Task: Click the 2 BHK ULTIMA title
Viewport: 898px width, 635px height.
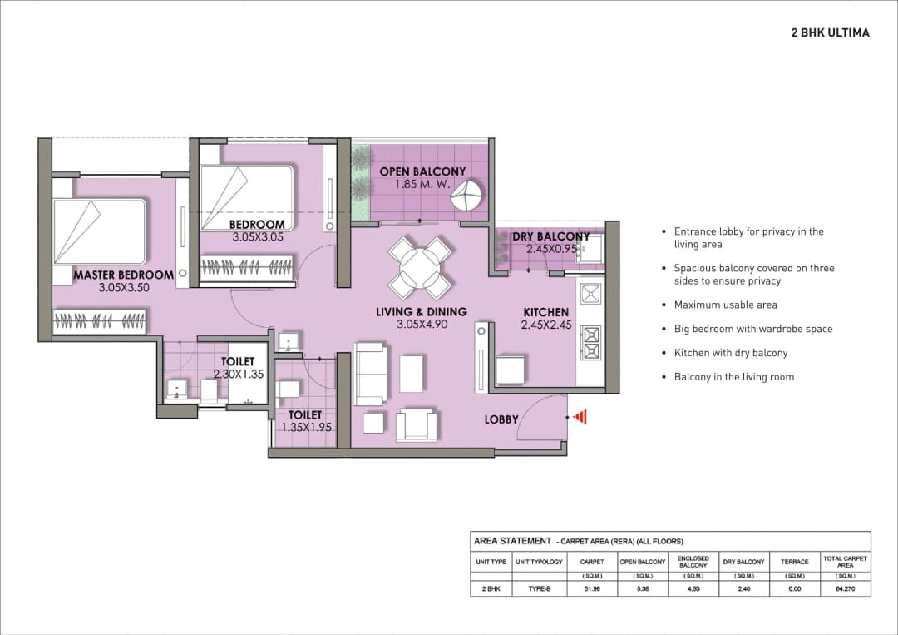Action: point(830,32)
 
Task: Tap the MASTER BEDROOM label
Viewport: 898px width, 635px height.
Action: point(123,275)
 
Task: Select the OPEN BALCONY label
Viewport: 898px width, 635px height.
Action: point(422,171)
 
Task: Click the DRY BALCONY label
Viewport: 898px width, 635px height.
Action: point(550,237)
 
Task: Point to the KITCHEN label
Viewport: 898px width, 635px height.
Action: point(545,312)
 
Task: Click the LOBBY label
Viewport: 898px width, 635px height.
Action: point(501,420)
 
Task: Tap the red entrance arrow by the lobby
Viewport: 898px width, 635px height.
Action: point(580,416)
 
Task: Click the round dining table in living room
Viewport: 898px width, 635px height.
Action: point(420,267)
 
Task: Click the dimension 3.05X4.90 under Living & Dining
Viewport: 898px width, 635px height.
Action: point(422,325)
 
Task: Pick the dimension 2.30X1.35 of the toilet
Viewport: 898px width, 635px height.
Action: point(238,375)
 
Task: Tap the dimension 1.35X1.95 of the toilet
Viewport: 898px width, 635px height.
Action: point(305,427)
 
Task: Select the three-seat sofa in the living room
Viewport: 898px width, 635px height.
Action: point(371,374)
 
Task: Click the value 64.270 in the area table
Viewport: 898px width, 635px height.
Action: point(845,588)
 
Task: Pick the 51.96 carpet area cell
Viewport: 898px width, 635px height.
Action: point(592,588)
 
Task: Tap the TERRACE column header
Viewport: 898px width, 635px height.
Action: point(794,562)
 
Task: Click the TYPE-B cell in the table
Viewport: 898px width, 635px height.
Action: point(539,588)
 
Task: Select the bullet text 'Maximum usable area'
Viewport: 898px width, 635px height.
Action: point(725,305)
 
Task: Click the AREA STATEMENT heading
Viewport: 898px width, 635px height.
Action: point(512,541)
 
